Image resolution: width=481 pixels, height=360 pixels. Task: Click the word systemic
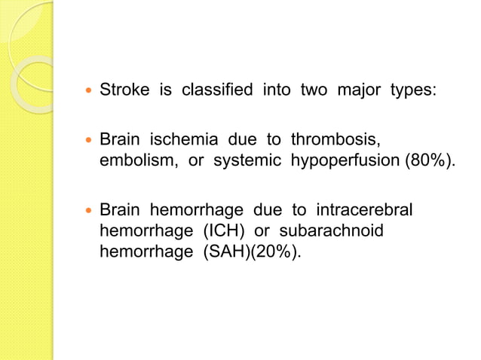click(237, 160)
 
